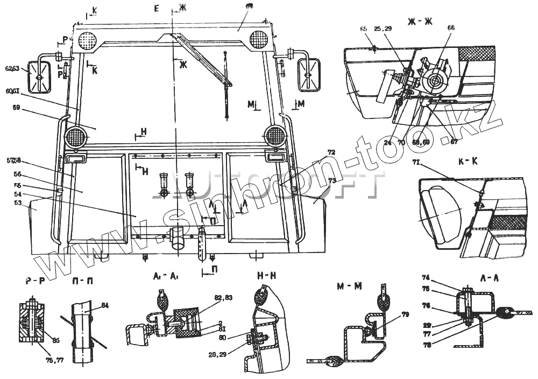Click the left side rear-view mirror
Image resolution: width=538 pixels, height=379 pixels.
pyautogui.click(x=38, y=78)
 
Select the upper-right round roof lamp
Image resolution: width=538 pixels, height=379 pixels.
pyautogui.click(x=259, y=38)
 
